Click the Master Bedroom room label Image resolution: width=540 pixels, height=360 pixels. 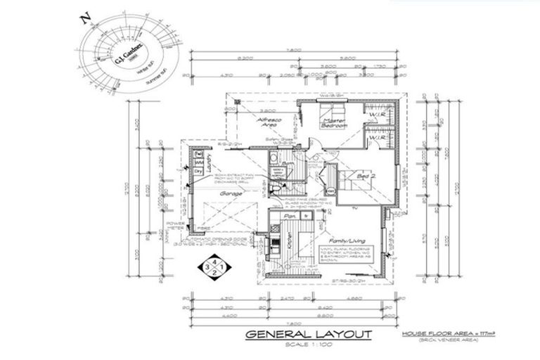334,124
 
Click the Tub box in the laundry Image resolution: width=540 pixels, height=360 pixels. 198,154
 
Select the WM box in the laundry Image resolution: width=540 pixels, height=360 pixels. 198,163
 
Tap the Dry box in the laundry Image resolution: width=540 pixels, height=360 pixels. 198,172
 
